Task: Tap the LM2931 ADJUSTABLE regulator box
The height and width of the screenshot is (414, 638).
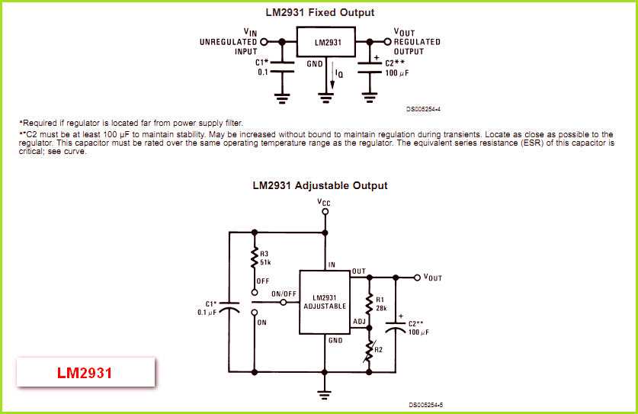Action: [323, 302]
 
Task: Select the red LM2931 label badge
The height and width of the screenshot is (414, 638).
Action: [85, 374]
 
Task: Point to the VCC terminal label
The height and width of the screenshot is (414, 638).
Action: [325, 203]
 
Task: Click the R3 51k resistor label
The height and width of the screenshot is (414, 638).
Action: [265, 257]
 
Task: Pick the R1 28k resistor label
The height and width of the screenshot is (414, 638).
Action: [382, 303]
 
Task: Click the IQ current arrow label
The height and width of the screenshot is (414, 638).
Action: [340, 75]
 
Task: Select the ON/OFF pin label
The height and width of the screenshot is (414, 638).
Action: [284, 294]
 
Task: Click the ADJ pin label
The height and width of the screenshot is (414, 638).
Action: [359, 321]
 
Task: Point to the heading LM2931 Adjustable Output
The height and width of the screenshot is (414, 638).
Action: [319, 185]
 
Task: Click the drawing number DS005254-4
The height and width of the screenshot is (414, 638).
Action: [423, 109]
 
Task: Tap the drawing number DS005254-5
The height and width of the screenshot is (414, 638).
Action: [425, 405]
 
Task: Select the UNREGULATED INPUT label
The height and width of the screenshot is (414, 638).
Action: [229, 47]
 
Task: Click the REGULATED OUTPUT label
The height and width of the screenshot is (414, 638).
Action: [418, 47]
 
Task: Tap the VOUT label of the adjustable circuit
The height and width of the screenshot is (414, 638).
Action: [432, 278]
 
